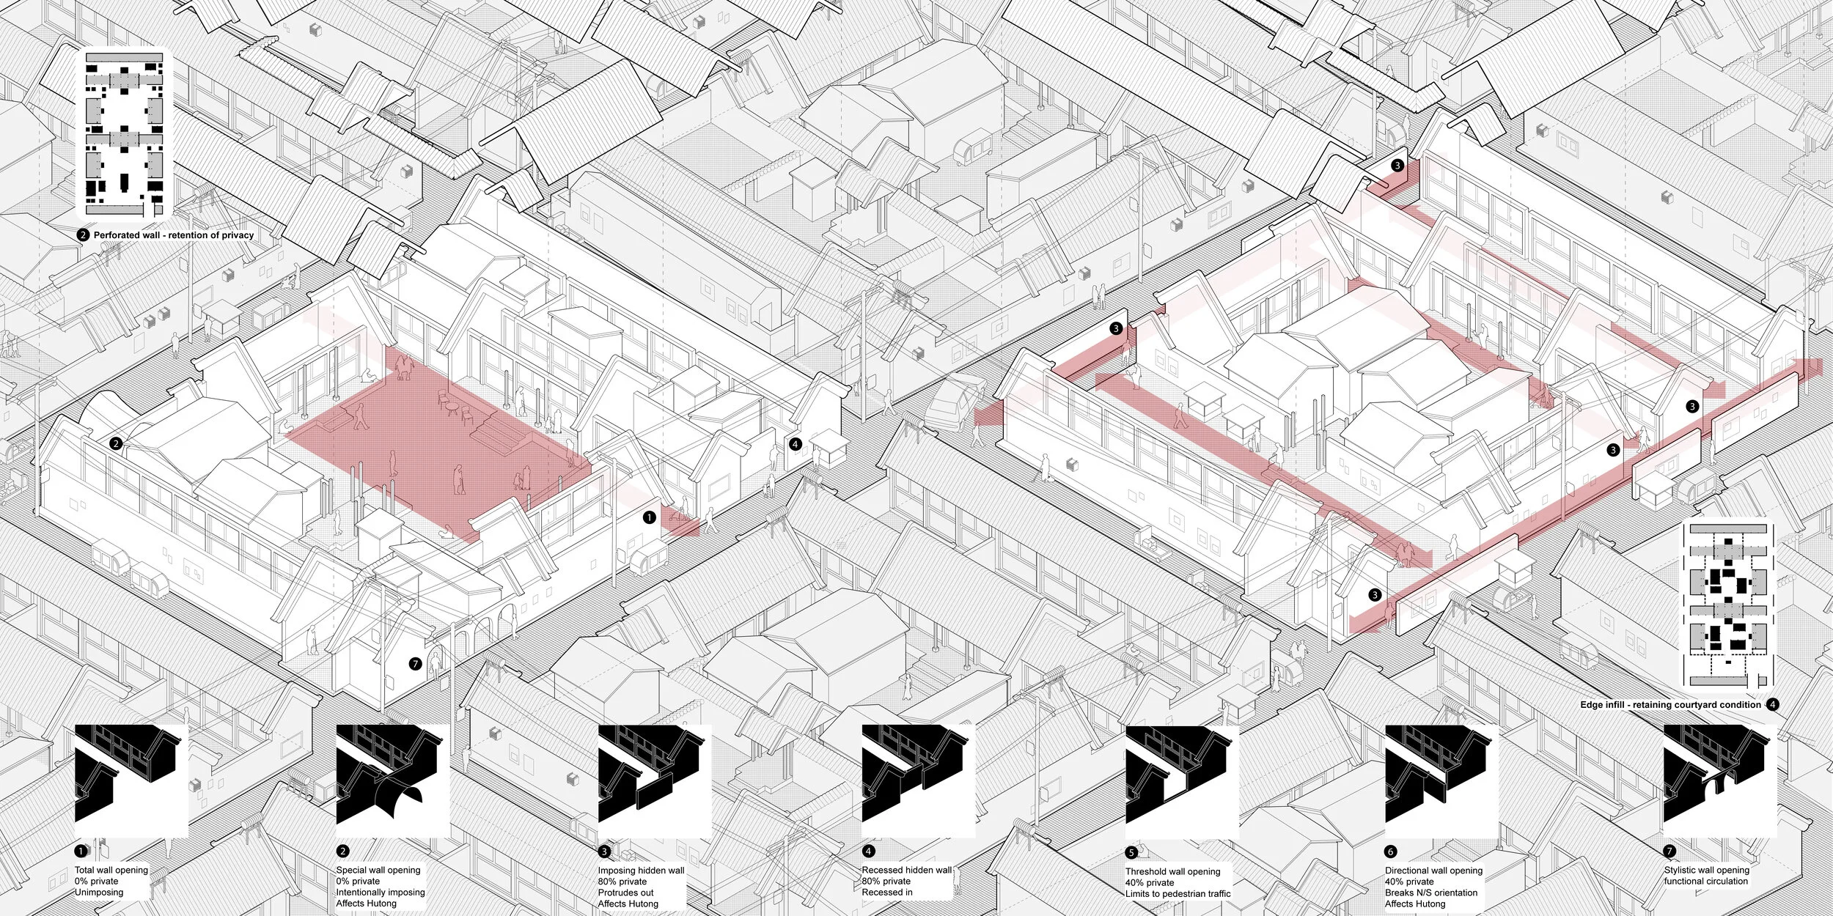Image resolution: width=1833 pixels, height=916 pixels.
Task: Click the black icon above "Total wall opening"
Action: click(x=132, y=781)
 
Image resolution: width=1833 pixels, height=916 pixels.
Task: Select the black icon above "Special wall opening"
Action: click(x=392, y=781)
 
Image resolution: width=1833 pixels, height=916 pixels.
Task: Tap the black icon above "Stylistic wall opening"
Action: click(x=1720, y=781)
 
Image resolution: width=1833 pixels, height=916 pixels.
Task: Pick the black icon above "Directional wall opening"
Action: click(x=1441, y=781)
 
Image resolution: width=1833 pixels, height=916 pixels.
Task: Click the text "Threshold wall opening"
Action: click(x=1173, y=871)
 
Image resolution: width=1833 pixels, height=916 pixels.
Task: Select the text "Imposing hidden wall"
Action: click(x=641, y=871)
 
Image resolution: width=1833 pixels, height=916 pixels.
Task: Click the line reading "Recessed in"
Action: click(x=887, y=892)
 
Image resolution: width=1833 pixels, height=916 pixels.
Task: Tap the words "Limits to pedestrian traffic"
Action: click(x=1178, y=893)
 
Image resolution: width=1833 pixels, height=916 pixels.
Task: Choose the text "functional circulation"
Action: click(x=1706, y=881)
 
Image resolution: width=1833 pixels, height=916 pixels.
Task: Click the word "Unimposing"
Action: click(x=99, y=892)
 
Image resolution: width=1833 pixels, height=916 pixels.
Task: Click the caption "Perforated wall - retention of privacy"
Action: click(x=174, y=235)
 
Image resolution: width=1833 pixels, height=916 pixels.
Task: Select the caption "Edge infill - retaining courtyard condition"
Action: click(x=1670, y=705)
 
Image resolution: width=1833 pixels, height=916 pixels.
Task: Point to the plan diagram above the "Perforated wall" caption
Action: click(x=125, y=134)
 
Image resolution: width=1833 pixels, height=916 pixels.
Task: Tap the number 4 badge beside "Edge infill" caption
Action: click(x=1772, y=705)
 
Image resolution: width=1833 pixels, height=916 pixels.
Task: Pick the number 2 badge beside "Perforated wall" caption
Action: click(x=84, y=235)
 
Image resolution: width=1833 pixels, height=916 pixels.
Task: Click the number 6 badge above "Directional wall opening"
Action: click(x=1391, y=852)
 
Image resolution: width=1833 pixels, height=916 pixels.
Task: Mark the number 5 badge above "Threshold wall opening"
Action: click(x=1131, y=852)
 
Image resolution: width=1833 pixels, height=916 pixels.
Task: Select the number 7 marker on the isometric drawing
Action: click(x=416, y=664)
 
